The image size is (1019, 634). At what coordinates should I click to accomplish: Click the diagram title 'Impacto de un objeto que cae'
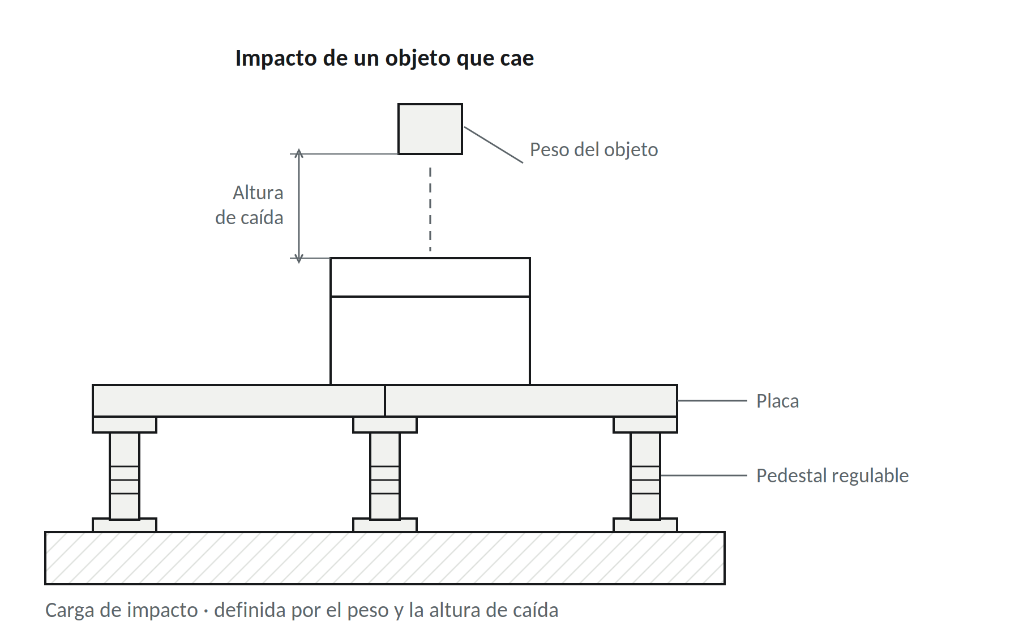pyautogui.click(x=384, y=58)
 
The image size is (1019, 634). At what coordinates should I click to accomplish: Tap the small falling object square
pyautogui.click(x=430, y=129)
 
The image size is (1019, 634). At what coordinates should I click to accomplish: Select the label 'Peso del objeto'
pyautogui.click(x=594, y=150)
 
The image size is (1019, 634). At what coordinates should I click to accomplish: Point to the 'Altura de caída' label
pyautogui.click(x=250, y=205)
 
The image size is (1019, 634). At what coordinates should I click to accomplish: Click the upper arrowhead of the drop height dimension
pyautogui.click(x=299, y=153)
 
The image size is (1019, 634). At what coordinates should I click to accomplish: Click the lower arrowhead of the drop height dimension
pyautogui.click(x=299, y=259)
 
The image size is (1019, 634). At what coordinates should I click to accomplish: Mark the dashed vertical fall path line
pyautogui.click(x=430, y=209)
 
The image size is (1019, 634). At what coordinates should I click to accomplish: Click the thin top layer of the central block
pyautogui.click(x=430, y=277)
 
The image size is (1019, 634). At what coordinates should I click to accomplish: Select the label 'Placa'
pyautogui.click(x=777, y=401)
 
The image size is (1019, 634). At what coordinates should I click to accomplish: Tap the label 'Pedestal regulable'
pyautogui.click(x=832, y=476)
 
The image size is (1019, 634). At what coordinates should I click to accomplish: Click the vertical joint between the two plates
pyautogui.click(x=385, y=401)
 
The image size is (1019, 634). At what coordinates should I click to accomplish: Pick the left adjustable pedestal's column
pyautogui.click(x=125, y=476)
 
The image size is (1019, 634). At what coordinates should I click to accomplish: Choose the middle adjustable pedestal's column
pyautogui.click(x=385, y=476)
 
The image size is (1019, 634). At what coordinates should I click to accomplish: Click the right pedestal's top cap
pyautogui.click(x=645, y=425)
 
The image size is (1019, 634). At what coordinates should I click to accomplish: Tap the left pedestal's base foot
pyautogui.click(x=125, y=525)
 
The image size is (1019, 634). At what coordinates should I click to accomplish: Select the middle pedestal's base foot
pyautogui.click(x=385, y=525)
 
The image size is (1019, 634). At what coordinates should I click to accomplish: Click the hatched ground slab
pyautogui.click(x=385, y=558)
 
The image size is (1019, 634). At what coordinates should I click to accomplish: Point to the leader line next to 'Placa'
pyautogui.click(x=712, y=401)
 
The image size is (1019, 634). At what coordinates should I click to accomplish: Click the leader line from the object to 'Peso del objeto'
pyautogui.click(x=494, y=145)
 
